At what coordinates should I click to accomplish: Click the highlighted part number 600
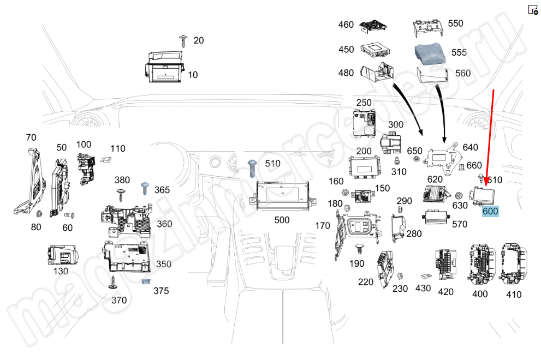490,212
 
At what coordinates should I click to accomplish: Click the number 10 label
193,75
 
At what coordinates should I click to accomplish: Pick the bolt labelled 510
253,166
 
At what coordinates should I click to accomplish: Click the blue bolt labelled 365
146,188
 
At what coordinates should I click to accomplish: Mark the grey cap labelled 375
146,282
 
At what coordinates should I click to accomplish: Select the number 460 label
346,25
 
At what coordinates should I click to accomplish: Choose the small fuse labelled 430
425,277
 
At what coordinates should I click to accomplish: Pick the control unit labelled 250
364,123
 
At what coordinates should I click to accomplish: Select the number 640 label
470,147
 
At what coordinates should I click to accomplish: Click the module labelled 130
61,254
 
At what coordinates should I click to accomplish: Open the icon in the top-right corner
533,9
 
